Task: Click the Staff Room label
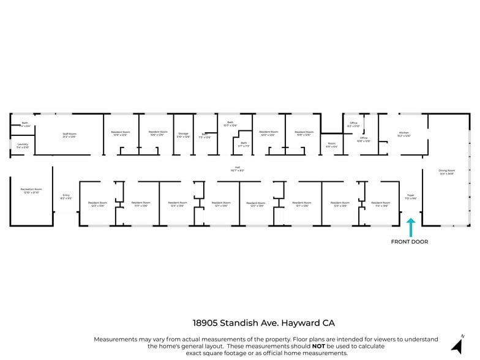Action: pyautogui.click(x=69, y=135)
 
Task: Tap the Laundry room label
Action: pyautogui.click(x=23, y=146)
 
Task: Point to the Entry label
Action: pyautogui.click(x=66, y=197)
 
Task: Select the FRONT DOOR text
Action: pyautogui.click(x=410, y=242)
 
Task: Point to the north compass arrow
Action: pyautogui.click(x=457, y=344)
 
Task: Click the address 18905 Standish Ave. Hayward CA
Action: pyautogui.click(x=264, y=323)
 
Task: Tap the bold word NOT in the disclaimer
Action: pyautogui.click(x=318, y=346)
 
